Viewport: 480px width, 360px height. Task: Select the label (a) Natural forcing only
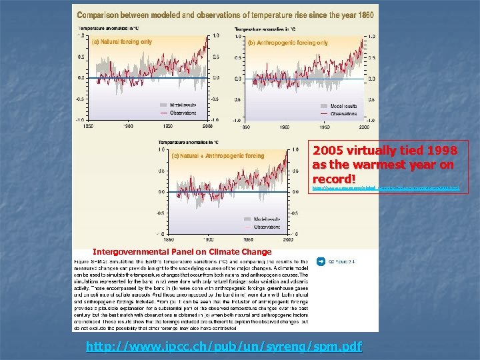point(122,41)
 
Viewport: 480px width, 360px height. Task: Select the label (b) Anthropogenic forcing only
point(287,43)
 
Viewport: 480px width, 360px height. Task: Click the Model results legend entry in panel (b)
point(343,105)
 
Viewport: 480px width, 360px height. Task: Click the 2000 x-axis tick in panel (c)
point(287,239)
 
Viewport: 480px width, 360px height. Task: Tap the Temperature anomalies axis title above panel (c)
point(188,141)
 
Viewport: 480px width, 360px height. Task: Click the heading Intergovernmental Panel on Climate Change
point(182,252)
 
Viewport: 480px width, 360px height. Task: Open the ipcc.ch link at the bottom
point(225,347)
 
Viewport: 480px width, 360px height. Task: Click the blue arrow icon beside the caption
point(321,261)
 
